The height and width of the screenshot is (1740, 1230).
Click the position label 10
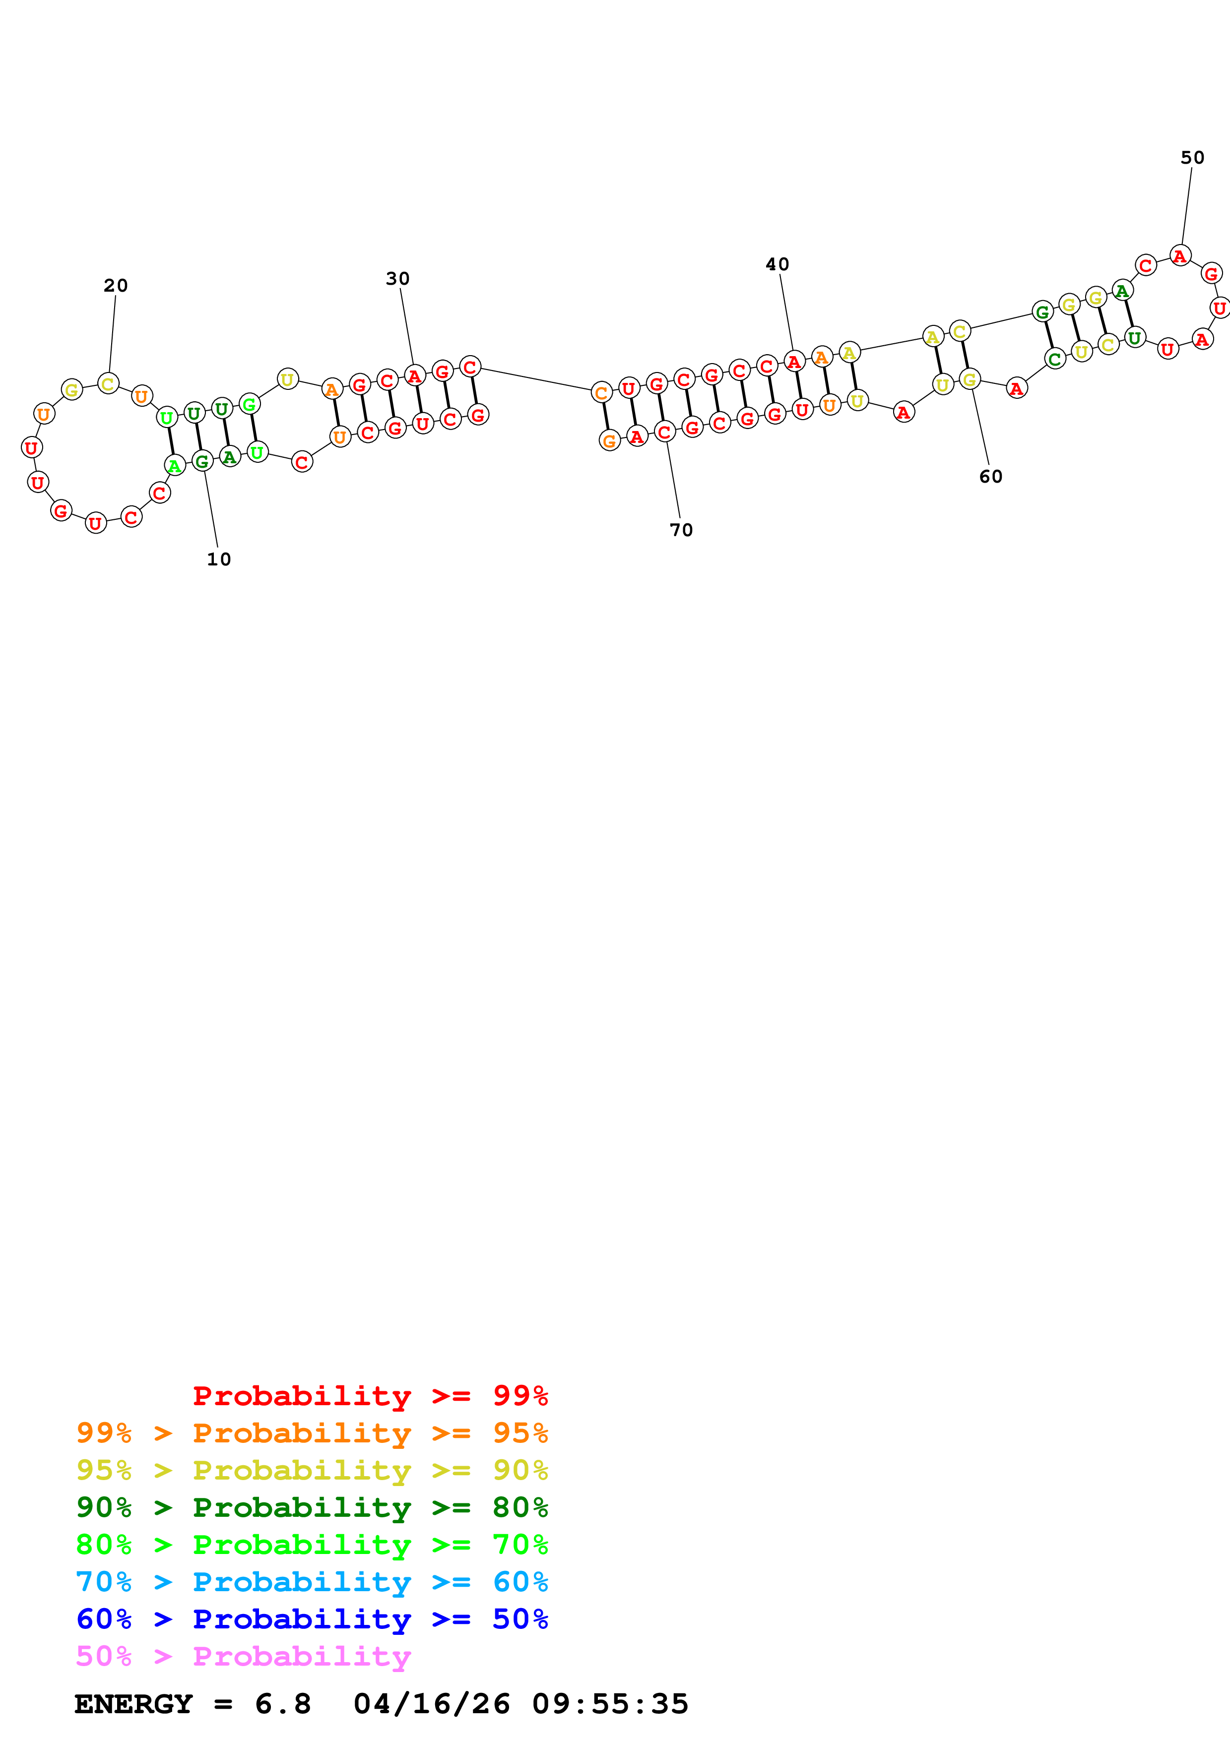[x=219, y=559]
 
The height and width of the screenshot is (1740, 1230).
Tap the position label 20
[x=116, y=286]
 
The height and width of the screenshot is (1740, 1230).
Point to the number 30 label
[x=398, y=279]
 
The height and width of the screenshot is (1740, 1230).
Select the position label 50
[x=1192, y=158]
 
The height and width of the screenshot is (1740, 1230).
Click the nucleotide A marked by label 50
[x=1180, y=256]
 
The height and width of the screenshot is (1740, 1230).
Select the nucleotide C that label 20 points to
[x=108, y=383]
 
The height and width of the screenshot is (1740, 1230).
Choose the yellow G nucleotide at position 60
[x=970, y=379]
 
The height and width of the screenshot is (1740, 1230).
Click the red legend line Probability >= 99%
[x=370, y=1395]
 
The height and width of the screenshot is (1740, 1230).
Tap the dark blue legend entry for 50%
[x=312, y=1619]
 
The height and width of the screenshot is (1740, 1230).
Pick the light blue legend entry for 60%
[x=312, y=1582]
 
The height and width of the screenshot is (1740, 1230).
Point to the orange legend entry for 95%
[x=312, y=1432]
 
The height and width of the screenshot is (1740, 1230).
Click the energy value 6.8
[x=283, y=1704]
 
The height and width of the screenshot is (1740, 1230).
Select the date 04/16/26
[x=431, y=1704]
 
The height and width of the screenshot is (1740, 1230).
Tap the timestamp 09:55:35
[x=610, y=1704]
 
